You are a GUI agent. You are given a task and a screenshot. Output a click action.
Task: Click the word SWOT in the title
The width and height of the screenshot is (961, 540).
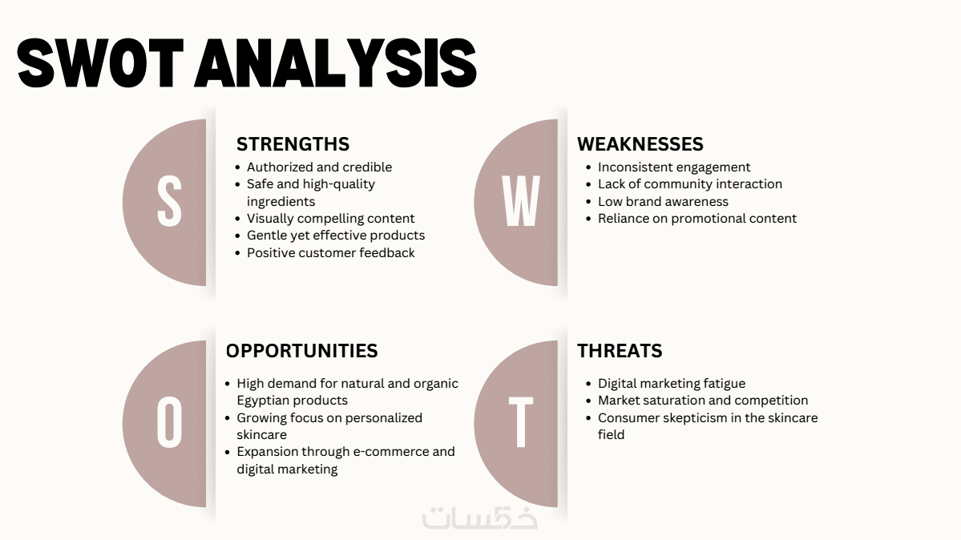tap(100, 63)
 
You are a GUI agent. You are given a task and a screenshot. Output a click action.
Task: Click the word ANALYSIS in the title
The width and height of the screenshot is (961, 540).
tap(336, 63)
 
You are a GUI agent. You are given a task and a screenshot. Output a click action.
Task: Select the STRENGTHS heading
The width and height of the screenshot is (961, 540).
tap(293, 144)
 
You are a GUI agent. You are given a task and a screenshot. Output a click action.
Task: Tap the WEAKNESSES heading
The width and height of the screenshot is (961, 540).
tap(640, 144)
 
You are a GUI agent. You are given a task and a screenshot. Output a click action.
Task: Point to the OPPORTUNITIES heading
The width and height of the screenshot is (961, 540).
tap(301, 351)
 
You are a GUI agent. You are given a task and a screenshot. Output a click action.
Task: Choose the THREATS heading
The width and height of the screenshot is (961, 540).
tap(620, 351)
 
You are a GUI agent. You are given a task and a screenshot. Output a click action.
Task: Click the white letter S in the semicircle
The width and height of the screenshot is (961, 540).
tap(169, 201)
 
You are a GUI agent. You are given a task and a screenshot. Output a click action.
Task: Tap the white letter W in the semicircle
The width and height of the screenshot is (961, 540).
tap(521, 201)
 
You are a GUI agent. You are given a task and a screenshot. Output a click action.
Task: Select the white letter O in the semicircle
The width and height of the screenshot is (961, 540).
tap(169, 421)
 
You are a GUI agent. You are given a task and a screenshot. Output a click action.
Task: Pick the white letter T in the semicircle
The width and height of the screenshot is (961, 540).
tap(521, 421)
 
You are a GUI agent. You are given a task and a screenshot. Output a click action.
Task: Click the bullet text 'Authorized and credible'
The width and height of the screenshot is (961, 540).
tap(319, 167)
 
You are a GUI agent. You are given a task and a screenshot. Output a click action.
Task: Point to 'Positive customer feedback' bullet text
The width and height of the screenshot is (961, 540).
tap(331, 252)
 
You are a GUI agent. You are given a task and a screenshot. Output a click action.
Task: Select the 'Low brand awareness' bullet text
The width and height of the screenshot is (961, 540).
tap(663, 201)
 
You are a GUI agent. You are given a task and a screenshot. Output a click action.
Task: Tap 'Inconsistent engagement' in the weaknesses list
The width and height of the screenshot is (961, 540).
tap(674, 167)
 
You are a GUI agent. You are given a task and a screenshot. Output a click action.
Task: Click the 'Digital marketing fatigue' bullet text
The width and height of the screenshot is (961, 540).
tap(672, 384)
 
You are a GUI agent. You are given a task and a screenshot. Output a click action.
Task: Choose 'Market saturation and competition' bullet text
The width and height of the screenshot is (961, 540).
tap(703, 401)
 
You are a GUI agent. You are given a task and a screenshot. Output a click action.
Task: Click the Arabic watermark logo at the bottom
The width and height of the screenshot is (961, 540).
tap(480, 518)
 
